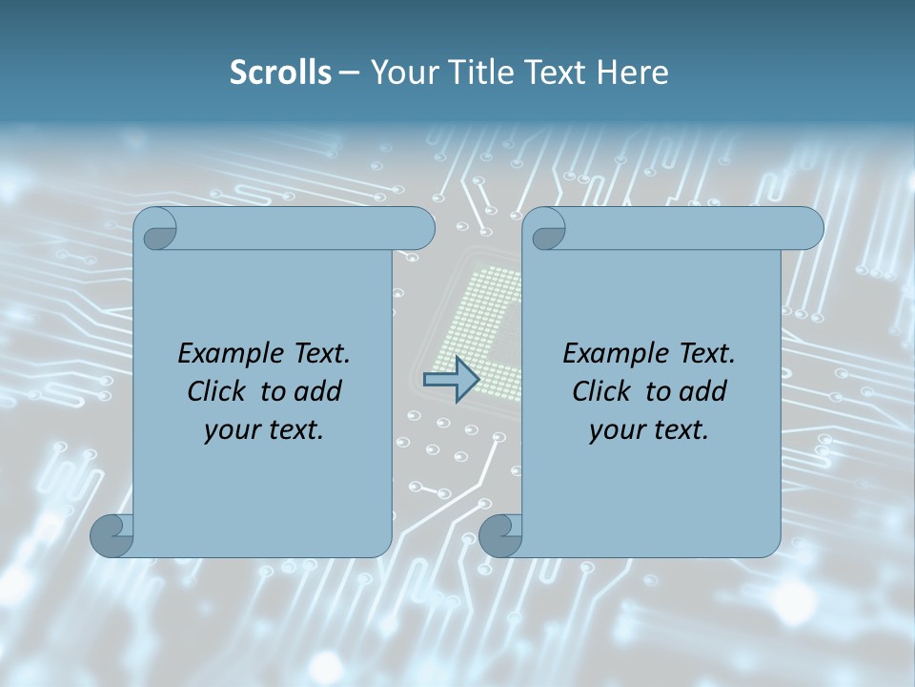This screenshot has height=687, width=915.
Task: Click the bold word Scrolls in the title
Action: pyautogui.click(x=280, y=73)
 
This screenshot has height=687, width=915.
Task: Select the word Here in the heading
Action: pyautogui.click(x=633, y=73)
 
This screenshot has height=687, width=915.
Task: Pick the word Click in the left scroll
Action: pyautogui.click(x=220, y=391)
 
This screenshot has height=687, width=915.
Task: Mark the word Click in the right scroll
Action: pyautogui.click(x=605, y=391)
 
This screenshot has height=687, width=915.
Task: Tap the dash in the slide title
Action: pyautogui.click(x=349, y=73)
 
